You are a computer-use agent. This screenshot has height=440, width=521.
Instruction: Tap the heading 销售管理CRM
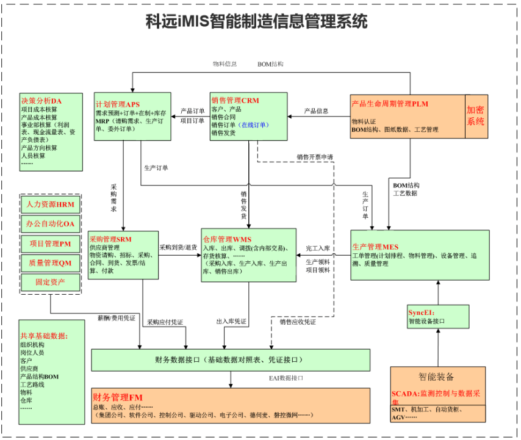pos(235,100)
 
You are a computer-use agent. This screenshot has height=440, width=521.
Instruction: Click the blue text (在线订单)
pos(254,124)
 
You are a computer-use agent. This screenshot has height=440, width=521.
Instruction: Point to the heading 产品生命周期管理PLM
pos(390,104)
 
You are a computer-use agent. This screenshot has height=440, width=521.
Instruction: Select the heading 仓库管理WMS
pos(227,239)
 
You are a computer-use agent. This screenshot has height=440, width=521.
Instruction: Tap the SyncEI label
pos(420,312)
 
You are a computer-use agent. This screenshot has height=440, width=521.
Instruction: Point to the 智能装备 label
pos(436,377)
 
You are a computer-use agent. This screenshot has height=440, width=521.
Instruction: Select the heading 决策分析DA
pos(41,100)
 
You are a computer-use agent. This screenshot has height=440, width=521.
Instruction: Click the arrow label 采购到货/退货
pos(178,248)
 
